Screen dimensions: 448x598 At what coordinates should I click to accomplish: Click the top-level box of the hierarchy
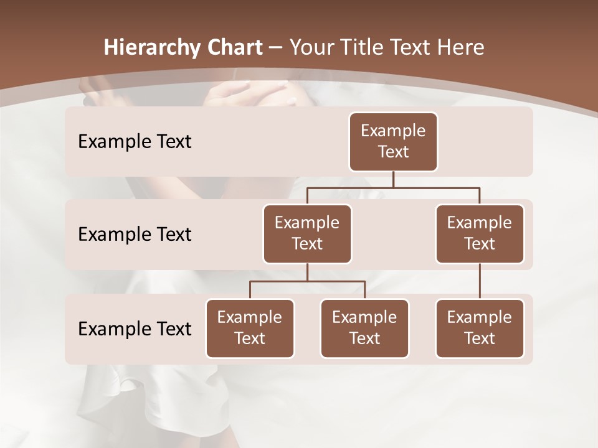pyautogui.click(x=393, y=142)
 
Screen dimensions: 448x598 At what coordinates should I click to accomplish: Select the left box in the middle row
pyautogui.click(x=307, y=234)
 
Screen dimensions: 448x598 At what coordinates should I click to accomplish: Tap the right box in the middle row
pyautogui.click(x=480, y=234)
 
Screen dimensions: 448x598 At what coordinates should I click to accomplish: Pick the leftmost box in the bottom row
pyautogui.click(x=250, y=329)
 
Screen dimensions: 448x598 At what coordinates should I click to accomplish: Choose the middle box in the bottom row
pyautogui.click(x=364, y=329)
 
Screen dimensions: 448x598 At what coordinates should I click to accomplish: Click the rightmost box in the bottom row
pyautogui.click(x=480, y=329)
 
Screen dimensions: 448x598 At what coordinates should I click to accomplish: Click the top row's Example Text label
pyautogui.click(x=135, y=142)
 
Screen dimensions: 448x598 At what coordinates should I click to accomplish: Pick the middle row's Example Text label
pyautogui.click(x=135, y=235)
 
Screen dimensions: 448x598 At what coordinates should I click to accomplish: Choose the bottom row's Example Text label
pyautogui.click(x=135, y=329)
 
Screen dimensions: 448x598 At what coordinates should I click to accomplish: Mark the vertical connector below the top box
pyautogui.click(x=393, y=179)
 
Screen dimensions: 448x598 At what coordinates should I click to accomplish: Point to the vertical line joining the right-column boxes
pyautogui.click(x=480, y=281)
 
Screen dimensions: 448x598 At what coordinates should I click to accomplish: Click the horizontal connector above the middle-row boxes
pyautogui.click(x=393, y=187)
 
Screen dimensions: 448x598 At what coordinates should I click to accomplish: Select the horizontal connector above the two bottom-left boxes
pyautogui.click(x=307, y=281)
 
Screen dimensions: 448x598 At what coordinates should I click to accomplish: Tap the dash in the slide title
pyautogui.click(x=275, y=48)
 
